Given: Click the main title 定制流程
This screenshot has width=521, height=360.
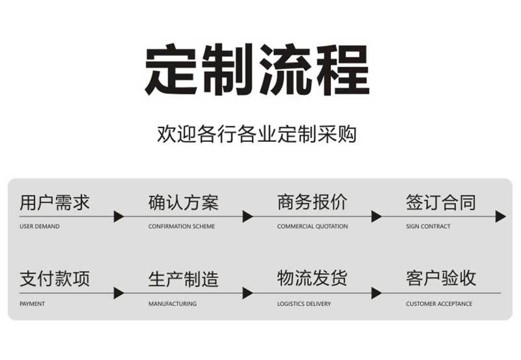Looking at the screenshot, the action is pyautogui.click(x=257, y=70).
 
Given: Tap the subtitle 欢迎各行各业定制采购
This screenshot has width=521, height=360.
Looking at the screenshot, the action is pyautogui.click(x=257, y=134).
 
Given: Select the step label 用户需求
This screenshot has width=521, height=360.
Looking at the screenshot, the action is pyautogui.click(x=55, y=202).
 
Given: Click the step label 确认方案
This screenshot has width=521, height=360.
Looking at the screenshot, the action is pyautogui.click(x=183, y=202).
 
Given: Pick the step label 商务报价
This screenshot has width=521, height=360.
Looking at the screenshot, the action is pyautogui.click(x=312, y=202).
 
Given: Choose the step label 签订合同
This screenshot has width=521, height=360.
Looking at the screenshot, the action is pyautogui.click(x=441, y=202).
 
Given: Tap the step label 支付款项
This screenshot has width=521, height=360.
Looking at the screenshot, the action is pyautogui.click(x=55, y=279).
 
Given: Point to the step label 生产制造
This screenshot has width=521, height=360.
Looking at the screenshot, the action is pyautogui.click(x=183, y=279).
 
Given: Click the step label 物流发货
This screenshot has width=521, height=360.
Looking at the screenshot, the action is pyautogui.click(x=312, y=278).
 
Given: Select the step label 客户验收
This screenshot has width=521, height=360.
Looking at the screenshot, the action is pyautogui.click(x=441, y=278).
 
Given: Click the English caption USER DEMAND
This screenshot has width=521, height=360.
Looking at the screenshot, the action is pyautogui.click(x=40, y=227).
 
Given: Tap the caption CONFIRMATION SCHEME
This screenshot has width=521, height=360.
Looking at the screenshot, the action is pyautogui.click(x=181, y=227).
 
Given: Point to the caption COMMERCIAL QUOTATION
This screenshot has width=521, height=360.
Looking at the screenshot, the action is pyautogui.click(x=312, y=227).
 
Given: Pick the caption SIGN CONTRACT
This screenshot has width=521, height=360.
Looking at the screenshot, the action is pyautogui.click(x=428, y=227).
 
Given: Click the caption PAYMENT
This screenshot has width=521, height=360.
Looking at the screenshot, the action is pyautogui.click(x=33, y=304).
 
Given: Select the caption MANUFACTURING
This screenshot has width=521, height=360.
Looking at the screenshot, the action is pyautogui.click(x=172, y=304).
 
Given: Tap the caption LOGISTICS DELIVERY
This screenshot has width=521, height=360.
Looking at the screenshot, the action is pyautogui.click(x=304, y=304).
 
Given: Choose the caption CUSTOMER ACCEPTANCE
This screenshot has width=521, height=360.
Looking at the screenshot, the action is pyautogui.click(x=439, y=304).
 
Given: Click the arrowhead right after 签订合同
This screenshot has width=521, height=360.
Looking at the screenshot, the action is pyautogui.click(x=500, y=216).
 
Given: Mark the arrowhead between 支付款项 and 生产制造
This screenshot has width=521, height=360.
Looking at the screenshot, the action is pyautogui.click(x=118, y=293).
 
